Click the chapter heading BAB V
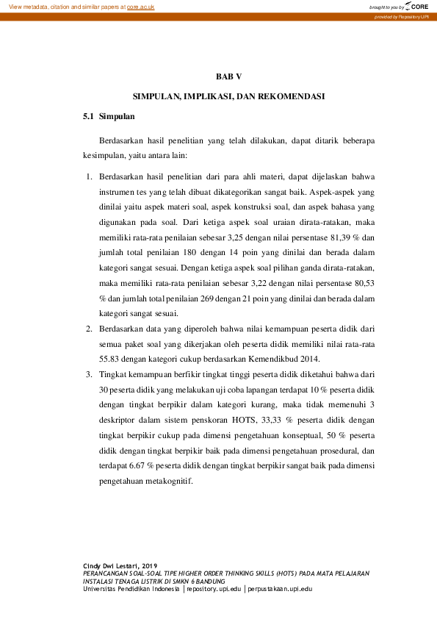(228, 76)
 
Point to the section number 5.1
(89, 116)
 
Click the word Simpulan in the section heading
(116, 116)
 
